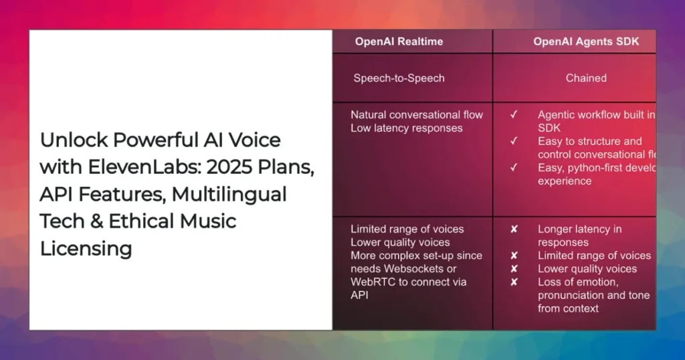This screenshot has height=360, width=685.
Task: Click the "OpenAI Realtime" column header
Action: point(399,41)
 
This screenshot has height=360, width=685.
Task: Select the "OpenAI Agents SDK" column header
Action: point(586,41)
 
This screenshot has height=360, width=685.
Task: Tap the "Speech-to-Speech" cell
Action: point(399,78)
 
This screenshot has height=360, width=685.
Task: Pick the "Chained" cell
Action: point(586,78)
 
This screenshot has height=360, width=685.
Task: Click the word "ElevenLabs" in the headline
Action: point(120,167)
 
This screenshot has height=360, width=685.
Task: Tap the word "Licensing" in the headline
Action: point(86,248)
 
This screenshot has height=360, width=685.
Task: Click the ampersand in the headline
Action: point(117,221)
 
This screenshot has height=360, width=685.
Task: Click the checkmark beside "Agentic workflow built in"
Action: point(514,115)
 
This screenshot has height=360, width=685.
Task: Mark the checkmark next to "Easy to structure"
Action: point(514,141)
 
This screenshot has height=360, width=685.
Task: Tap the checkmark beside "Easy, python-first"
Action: point(514,168)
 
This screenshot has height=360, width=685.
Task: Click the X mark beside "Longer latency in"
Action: point(514,229)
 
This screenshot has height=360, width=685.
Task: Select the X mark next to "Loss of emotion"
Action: point(514,282)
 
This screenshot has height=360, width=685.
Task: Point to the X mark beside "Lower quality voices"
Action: point(514,269)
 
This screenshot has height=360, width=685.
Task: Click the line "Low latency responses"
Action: point(406,128)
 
